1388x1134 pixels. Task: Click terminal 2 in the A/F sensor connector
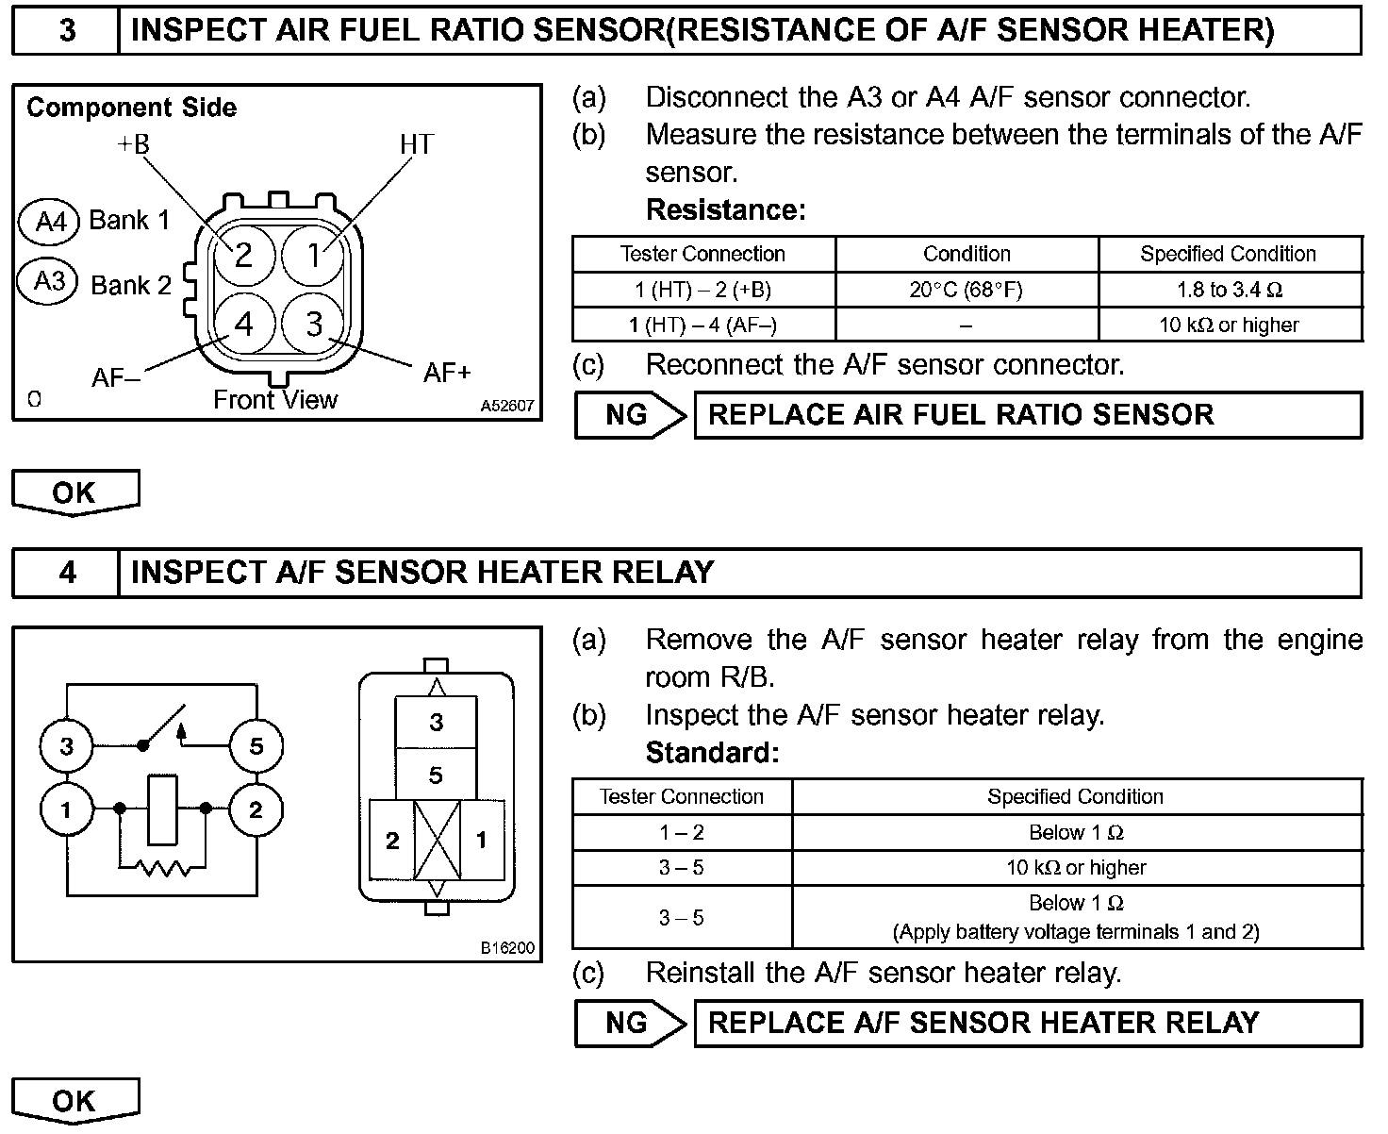(243, 254)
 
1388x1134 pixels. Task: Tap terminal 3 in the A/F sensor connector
(314, 324)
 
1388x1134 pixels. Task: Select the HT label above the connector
(416, 144)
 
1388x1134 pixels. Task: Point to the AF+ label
(446, 373)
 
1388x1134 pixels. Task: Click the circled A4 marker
(51, 221)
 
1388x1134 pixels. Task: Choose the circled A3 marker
(49, 281)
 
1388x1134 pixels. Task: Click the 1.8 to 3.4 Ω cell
(1230, 290)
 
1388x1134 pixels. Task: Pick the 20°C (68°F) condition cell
(966, 290)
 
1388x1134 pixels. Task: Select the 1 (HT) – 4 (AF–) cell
(703, 325)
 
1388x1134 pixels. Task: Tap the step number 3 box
(67, 30)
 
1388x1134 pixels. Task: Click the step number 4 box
(67, 572)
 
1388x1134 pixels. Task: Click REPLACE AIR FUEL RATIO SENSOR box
(1027, 415)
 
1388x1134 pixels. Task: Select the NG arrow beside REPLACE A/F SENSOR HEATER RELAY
(630, 1023)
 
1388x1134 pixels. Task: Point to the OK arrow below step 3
(74, 492)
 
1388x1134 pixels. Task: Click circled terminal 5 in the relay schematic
(256, 746)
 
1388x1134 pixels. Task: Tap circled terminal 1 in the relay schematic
(66, 809)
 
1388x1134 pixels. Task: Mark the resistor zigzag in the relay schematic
(161, 867)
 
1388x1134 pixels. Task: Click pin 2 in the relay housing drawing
(392, 840)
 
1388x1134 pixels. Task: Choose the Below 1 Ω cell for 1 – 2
(1076, 832)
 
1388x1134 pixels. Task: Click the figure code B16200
(507, 947)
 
